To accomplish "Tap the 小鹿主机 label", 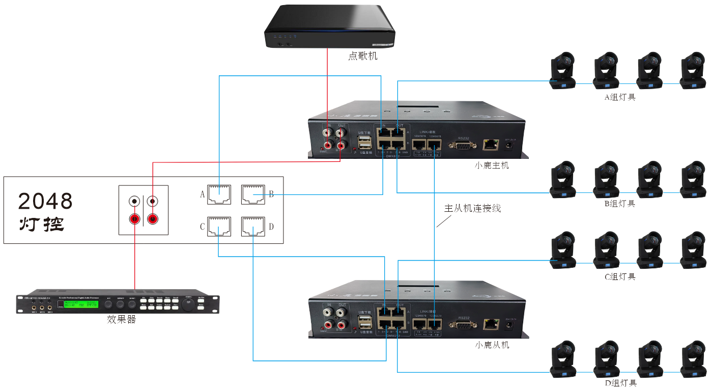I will [x=492, y=165].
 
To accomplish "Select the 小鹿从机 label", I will [x=492, y=345].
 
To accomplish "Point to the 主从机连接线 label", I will [x=472, y=208].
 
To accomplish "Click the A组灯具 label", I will [x=619, y=97].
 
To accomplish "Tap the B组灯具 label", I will [x=619, y=204].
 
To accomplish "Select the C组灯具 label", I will [x=619, y=277].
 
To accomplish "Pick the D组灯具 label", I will [x=619, y=383].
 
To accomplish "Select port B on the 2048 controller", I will [x=253, y=193].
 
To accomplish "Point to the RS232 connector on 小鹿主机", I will [x=463, y=145].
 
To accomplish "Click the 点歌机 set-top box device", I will [x=330, y=26].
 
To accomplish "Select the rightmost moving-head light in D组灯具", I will [x=693, y=359].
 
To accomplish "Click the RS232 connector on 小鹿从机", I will [x=463, y=324].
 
